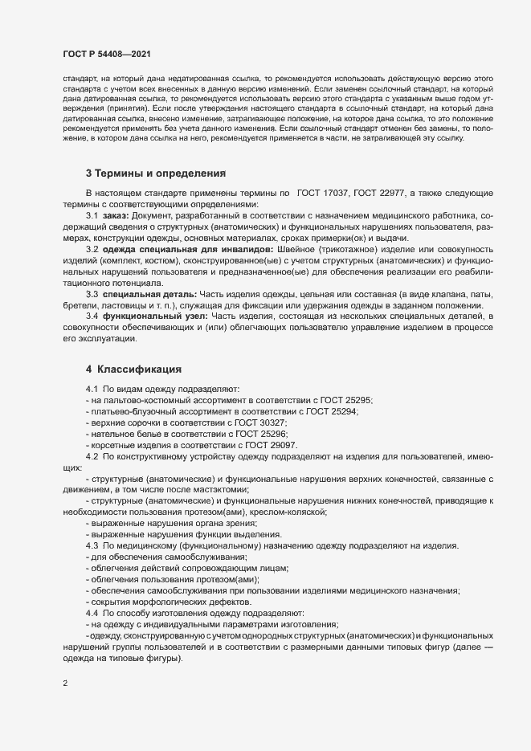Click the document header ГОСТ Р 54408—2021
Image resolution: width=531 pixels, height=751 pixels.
(x=106, y=53)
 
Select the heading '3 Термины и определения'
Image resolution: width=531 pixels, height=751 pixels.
(x=155, y=196)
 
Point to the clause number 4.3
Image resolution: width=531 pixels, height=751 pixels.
(x=92, y=546)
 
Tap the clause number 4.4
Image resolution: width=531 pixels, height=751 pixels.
(x=92, y=613)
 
